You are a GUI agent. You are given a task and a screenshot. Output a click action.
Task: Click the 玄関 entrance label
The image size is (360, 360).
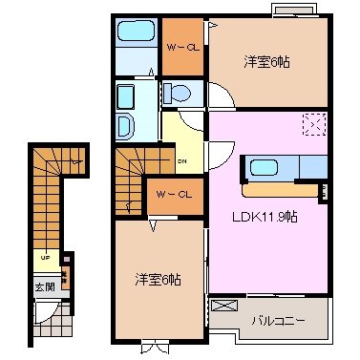(x=44, y=286)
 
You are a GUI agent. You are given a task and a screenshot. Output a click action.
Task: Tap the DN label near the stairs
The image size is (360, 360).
(x=181, y=160)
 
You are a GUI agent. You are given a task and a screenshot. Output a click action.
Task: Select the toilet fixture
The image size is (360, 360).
(x=177, y=93)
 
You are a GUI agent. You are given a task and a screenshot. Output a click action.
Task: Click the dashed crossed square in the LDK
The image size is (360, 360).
(x=314, y=126)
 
